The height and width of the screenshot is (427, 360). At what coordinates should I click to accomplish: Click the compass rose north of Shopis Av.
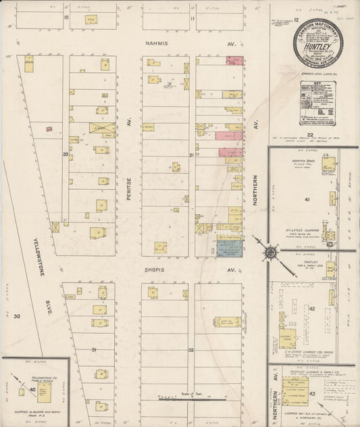pyautogui.click(x=269, y=253)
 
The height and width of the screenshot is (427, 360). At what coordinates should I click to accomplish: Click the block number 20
pyautogui.click(x=66, y=155)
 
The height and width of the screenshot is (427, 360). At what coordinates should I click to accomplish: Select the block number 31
pyautogui.click(x=94, y=349)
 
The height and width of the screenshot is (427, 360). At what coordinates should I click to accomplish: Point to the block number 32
pyautogui.click(x=191, y=350)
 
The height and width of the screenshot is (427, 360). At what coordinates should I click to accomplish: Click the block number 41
pyautogui.click(x=306, y=201)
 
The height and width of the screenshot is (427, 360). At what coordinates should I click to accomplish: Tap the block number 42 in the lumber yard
pyautogui.click(x=312, y=308)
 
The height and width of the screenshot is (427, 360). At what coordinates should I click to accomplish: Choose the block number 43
pyautogui.click(x=311, y=393)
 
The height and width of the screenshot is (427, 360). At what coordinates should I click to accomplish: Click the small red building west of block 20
pyautogui.click(x=49, y=128)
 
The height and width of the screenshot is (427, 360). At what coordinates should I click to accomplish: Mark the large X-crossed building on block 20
pyautogui.click(x=102, y=127)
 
